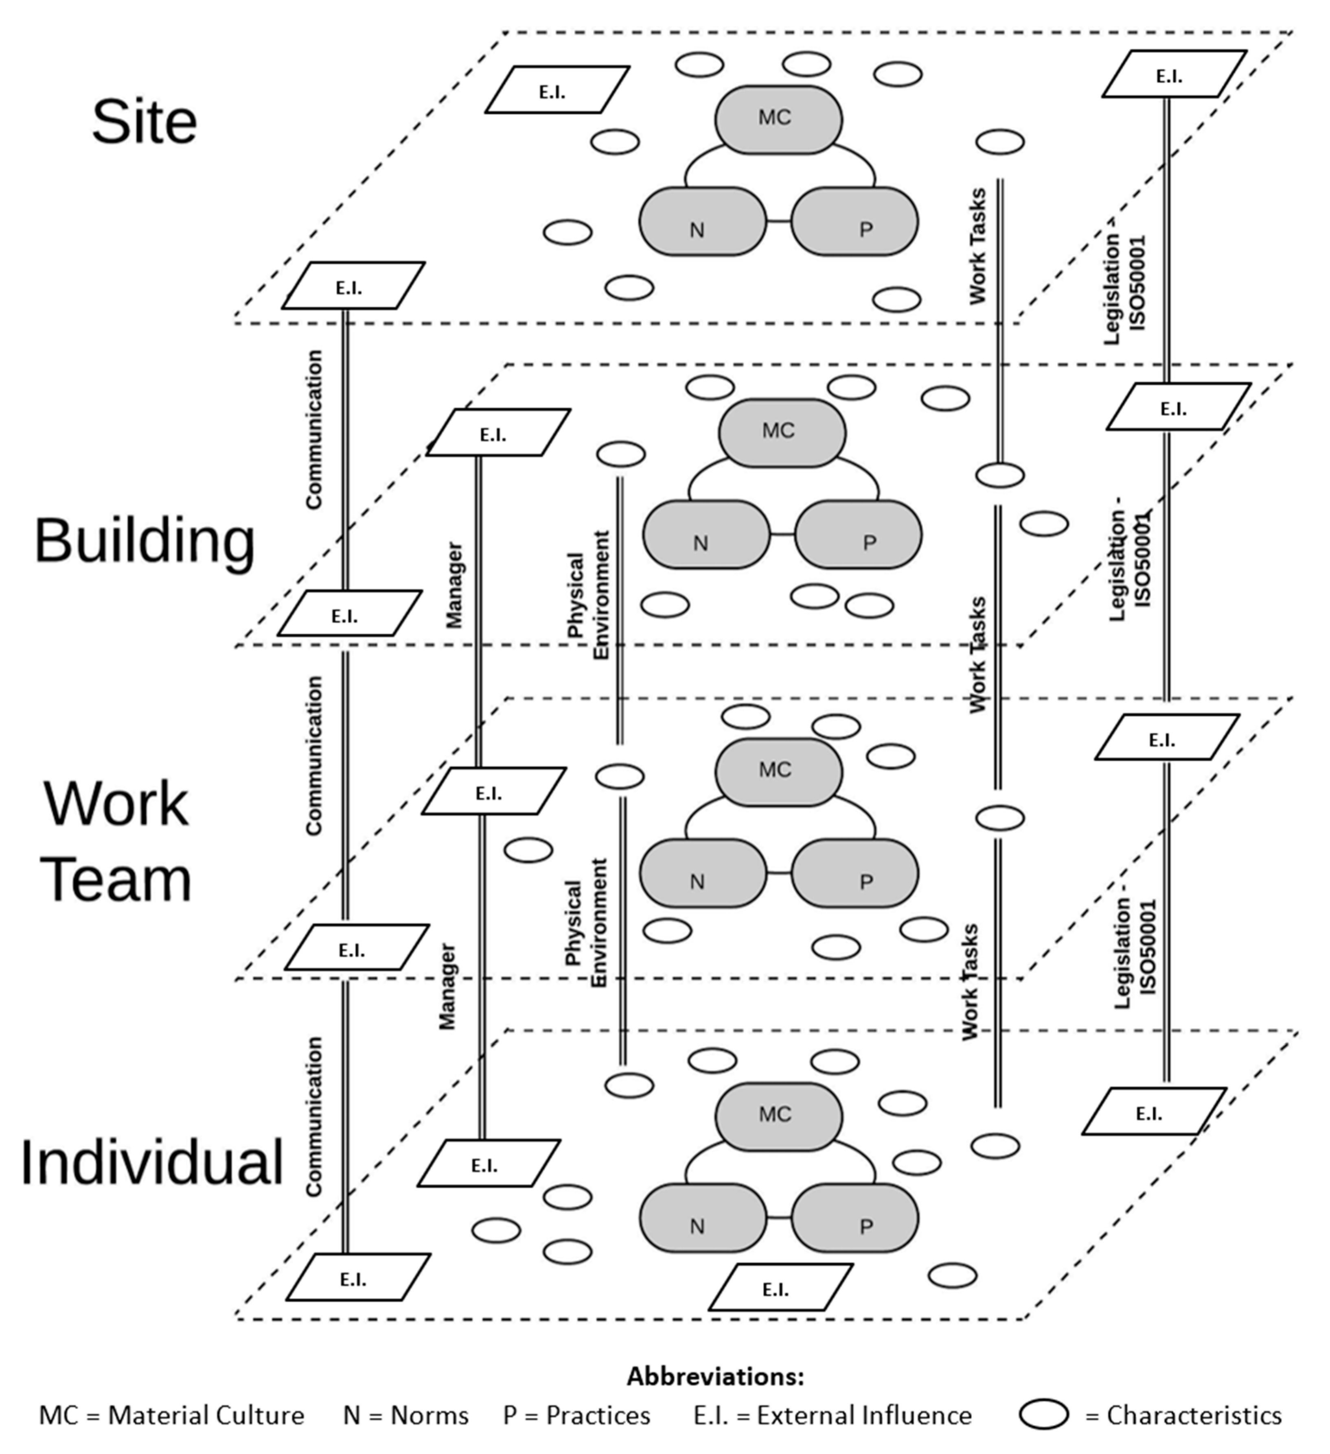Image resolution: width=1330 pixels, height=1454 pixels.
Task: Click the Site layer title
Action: (x=145, y=122)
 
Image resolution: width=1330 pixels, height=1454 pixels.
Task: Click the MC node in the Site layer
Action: (x=778, y=120)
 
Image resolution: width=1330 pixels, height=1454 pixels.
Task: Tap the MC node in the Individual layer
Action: (x=778, y=1116)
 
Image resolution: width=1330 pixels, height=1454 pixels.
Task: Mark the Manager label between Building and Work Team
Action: (x=453, y=586)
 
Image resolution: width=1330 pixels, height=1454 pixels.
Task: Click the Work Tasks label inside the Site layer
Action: (x=977, y=246)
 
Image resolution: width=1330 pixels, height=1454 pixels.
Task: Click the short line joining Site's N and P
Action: (x=779, y=221)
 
